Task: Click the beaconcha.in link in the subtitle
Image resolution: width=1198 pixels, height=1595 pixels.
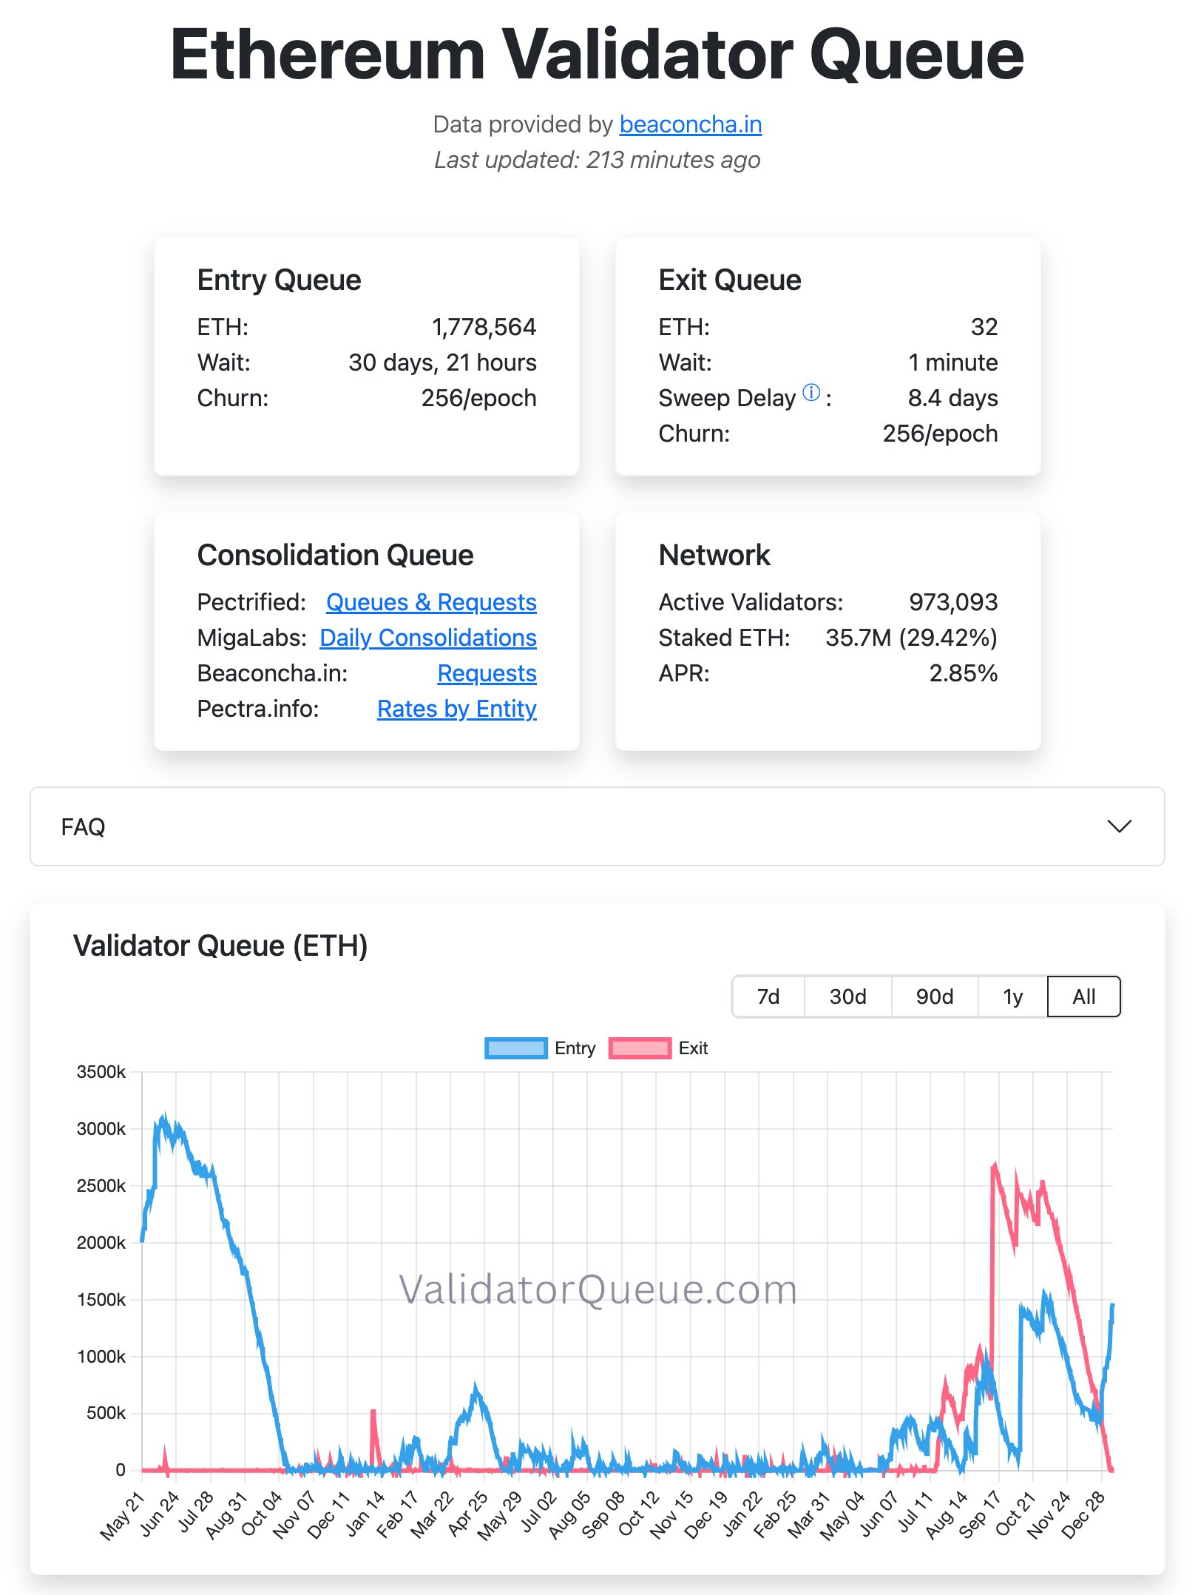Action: point(690,124)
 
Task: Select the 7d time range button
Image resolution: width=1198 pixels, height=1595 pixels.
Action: point(768,997)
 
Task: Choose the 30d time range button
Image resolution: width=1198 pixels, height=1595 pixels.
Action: point(847,997)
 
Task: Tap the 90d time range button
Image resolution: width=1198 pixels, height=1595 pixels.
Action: point(934,997)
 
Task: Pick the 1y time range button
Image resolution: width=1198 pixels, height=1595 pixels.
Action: point(1012,997)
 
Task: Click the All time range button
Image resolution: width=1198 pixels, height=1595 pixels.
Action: point(1083,997)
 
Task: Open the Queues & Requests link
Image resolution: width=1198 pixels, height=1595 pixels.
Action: point(431,602)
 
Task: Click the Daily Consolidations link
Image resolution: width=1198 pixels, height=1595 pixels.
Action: point(428,638)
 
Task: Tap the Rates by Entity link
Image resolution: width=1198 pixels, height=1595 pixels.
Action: point(456,709)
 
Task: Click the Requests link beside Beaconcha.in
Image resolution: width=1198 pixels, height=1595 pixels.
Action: point(487,673)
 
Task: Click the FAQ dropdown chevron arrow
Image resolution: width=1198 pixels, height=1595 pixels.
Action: point(1119,826)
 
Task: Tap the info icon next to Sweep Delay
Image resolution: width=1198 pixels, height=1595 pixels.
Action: point(811,393)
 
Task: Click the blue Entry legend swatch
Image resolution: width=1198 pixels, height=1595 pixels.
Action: point(515,1048)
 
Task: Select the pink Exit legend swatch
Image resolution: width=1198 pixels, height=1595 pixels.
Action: point(640,1048)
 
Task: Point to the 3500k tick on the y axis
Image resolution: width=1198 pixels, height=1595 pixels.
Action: point(101,1072)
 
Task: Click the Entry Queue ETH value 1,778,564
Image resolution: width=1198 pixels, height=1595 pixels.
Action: point(484,327)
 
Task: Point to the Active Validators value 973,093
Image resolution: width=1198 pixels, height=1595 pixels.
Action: point(952,602)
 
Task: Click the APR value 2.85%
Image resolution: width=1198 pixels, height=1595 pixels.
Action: point(963,673)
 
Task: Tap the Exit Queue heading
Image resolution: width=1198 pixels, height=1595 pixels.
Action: point(729,280)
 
